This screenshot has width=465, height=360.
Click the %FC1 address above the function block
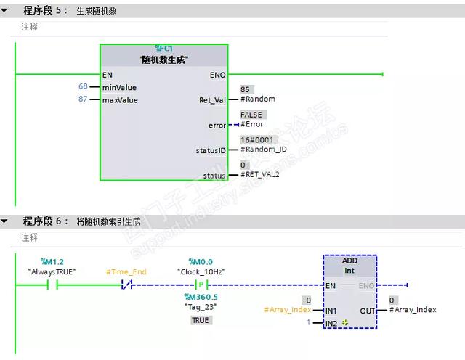(163, 48)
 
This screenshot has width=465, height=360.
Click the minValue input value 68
(83, 86)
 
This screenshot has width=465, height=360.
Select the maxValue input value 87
(83, 99)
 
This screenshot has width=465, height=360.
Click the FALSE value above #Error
(251, 115)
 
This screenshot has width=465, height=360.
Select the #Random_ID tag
(263, 150)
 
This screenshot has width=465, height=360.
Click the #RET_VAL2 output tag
(259, 174)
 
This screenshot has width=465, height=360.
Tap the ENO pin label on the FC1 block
(217, 74)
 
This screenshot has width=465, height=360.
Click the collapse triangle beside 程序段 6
(6, 221)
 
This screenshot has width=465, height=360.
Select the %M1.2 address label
(52, 261)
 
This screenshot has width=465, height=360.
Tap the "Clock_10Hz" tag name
(201, 271)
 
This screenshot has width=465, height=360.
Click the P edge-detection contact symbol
(201, 285)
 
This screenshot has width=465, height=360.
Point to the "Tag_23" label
(201, 306)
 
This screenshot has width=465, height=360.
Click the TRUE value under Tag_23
(200, 320)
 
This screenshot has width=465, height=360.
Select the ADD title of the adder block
(349, 261)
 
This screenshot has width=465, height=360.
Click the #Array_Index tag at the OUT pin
(413, 310)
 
